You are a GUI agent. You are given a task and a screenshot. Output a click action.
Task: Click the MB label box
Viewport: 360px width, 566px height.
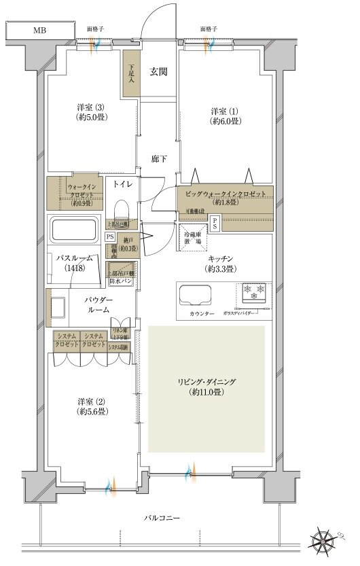pos(37,30)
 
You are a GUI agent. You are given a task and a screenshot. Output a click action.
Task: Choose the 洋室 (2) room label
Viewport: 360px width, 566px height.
pos(90,405)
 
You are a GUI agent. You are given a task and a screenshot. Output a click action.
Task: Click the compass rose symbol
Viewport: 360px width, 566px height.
pos(326,541)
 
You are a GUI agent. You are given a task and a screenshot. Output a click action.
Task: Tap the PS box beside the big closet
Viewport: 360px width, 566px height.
pos(215,222)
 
